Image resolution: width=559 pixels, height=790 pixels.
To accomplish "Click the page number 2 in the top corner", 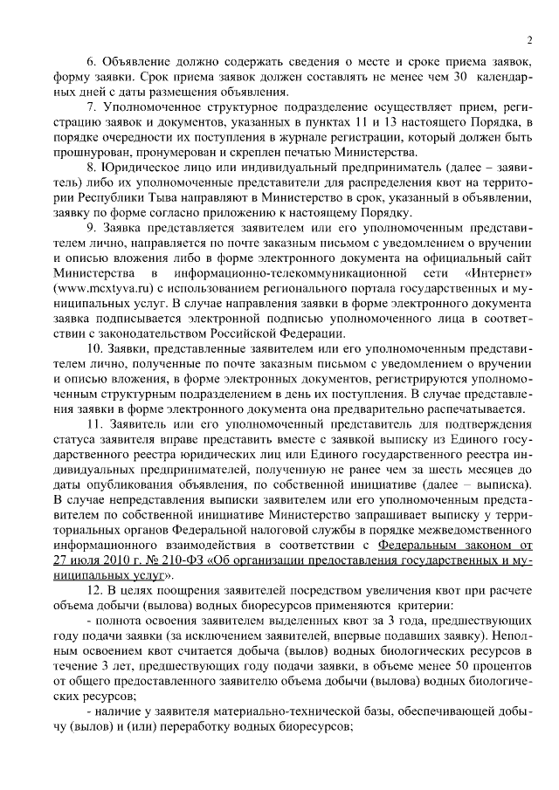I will pos(529,39).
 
